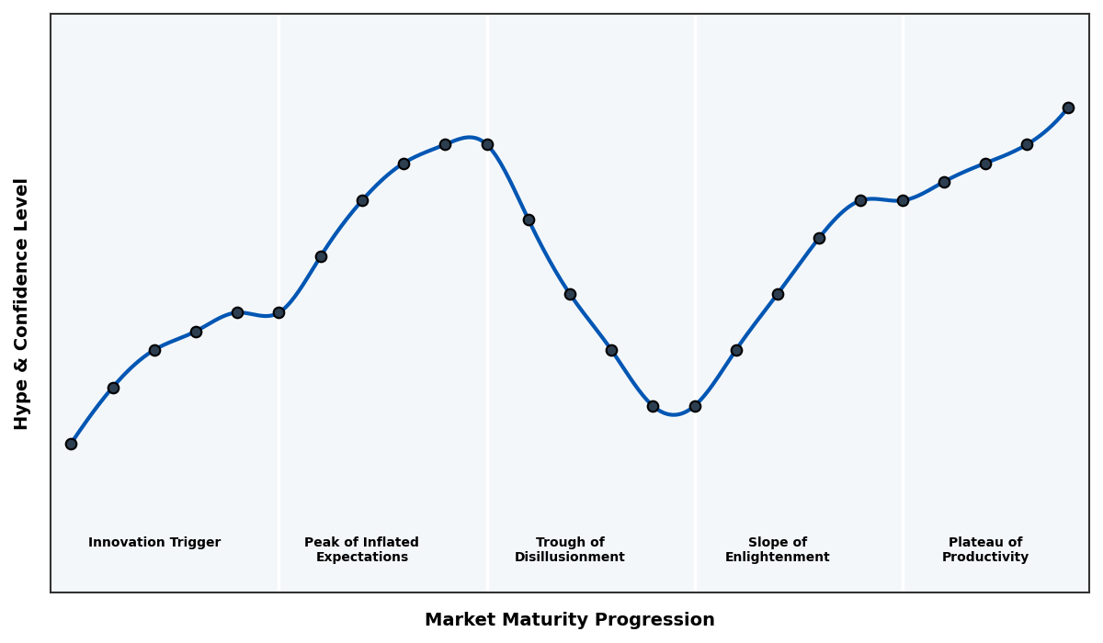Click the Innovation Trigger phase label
(x=154, y=543)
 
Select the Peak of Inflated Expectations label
(x=361, y=550)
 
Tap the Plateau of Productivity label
(x=985, y=550)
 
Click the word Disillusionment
(x=570, y=558)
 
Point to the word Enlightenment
(x=777, y=558)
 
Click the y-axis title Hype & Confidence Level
(x=22, y=303)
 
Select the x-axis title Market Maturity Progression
(x=570, y=620)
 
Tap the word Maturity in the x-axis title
(x=544, y=620)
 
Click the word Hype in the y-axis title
(x=22, y=409)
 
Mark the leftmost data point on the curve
(x=71, y=444)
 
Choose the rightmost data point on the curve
(x=1068, y=107)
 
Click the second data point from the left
(x=113, y=388)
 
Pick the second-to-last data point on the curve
(x=1027, y=144)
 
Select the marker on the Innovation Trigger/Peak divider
(x=279, y=312)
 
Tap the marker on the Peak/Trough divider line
(x=487, y=144)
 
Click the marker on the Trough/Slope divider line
(x=695, y=406)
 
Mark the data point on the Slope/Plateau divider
(x=903, y=200)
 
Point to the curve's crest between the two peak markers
(x=469, y=138)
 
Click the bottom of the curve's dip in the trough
(x=674, y=414)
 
